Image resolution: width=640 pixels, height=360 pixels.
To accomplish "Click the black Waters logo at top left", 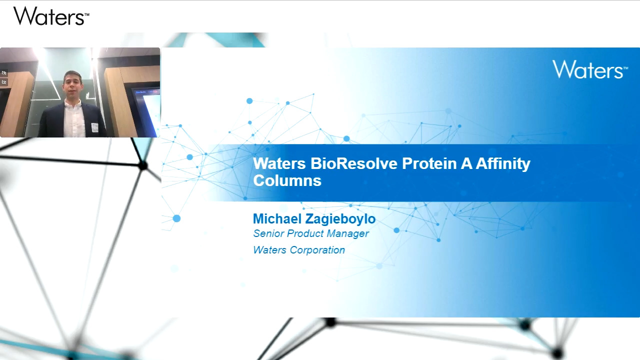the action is [x=51, y=16].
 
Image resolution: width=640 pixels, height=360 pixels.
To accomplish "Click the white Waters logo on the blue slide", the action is [x=590, y=69].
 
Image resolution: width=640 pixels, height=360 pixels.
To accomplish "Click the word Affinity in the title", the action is [x=503, y=164].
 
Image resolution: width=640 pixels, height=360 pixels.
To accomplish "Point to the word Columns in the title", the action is [x=287, y=180].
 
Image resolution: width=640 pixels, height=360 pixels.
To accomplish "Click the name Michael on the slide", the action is [x=277, y=219].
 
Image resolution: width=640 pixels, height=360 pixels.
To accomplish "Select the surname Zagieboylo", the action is [x=340, y=219].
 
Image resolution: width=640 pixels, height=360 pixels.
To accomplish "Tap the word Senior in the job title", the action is [x=268, y=233].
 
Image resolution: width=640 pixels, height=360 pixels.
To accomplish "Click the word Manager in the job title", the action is [x=348, y=233].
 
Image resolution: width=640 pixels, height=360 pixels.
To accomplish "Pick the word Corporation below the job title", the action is [x=317, y=250].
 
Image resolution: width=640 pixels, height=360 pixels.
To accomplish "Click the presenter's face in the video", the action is [x=72, y=85].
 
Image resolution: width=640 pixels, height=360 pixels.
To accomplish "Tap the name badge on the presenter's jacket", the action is [x=95, y=127].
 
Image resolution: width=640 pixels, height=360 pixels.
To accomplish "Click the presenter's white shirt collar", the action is [x=72, y=103].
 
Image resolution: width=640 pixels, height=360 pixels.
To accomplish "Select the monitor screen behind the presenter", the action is [x=146, y=110].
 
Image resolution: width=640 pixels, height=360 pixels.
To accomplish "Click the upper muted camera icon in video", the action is [x=4, y=73].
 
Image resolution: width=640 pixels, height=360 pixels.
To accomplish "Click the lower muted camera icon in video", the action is [x=4, y=82].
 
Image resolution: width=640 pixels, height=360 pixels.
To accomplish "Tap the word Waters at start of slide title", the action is [x=279, y=163].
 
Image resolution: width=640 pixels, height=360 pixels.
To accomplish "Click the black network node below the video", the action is [x=142, y=165].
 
